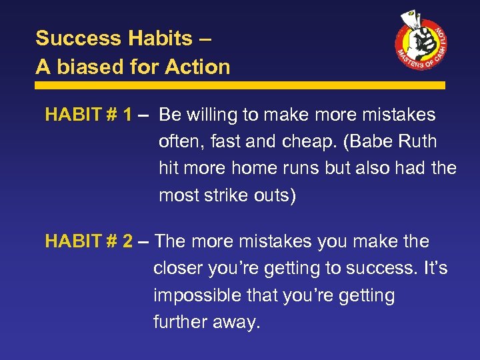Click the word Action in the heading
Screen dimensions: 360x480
click(x=198, y=67)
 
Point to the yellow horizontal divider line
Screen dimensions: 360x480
click(x=240, y=85)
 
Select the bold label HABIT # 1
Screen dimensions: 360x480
click(x=88, y=115)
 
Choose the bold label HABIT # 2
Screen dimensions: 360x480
click(x=88, y=241)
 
